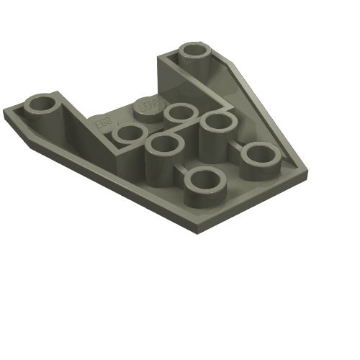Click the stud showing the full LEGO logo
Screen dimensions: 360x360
click(147, 104)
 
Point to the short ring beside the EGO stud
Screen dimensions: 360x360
click(130, 133)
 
